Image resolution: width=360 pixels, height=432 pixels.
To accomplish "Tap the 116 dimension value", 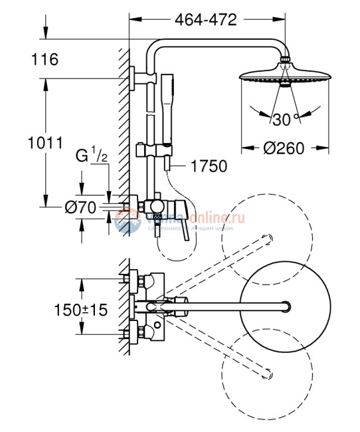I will tap(45, 60).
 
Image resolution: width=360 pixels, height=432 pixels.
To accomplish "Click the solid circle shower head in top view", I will tap(287, 305).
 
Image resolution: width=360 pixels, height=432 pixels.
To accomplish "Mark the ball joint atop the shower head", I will tap(284, 62).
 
